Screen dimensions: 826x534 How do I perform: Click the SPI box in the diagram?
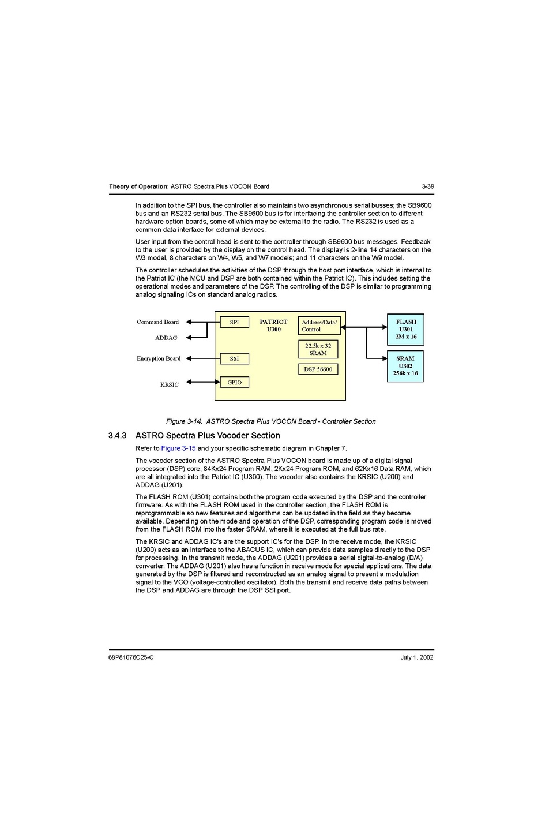point(234,322)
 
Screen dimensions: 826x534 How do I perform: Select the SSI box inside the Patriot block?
point(234,358)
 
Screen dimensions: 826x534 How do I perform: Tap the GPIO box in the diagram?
point(234,382)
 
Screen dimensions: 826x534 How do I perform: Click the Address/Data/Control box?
point(319,326)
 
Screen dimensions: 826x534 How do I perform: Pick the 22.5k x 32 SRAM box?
point(318,349)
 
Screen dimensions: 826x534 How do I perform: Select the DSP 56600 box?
point(318,369)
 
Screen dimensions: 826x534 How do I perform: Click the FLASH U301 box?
point(405,330)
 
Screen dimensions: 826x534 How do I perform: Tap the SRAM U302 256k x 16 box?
point(405,366)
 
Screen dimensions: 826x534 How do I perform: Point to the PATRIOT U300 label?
point(273,326)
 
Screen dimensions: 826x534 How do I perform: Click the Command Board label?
point(157,322)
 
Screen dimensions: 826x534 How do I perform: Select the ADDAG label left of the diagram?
point(166,338)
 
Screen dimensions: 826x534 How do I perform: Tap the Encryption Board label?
point(159,358)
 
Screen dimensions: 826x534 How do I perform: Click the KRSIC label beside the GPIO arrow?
point(169,384)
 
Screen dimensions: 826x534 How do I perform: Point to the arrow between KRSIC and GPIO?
point(203,382)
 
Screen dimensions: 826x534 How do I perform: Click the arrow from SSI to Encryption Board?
point(203,358)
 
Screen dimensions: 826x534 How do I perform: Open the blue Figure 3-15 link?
point(178,448)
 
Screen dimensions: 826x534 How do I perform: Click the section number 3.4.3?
point(117,436)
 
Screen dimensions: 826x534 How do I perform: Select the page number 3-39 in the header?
point(427,186)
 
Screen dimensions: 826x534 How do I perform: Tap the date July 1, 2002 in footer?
point(416,657)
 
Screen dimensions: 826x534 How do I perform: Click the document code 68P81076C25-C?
point(131,657)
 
